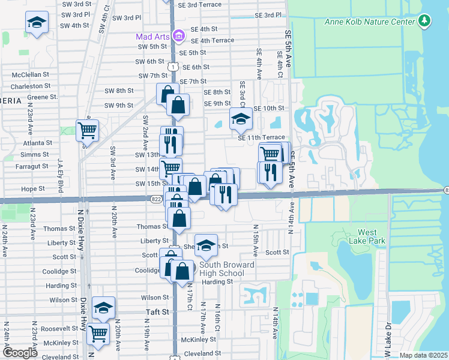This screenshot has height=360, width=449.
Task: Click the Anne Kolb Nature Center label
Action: click(370, 22)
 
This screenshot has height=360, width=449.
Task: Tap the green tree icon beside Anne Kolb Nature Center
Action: click(425, 22)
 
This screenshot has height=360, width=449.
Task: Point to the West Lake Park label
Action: click(375, 236)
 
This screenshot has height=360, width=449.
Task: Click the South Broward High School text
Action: click(218, 269)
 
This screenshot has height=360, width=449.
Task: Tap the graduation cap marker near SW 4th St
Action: click(37, 23)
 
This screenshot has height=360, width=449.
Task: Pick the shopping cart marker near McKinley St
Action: click(98, 334)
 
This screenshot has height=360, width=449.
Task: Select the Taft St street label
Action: click(159, 312)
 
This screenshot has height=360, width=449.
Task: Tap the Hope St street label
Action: click(33, 188)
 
